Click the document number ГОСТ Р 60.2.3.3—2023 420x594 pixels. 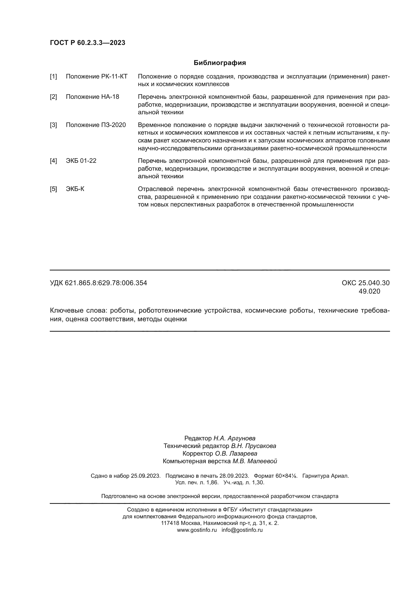point(87,43)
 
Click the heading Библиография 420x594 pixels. point(220,63)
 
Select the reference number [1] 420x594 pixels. point(53,77)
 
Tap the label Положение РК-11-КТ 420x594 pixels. point(96,77)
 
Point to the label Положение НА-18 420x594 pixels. point(92,97)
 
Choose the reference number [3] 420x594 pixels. point(53,125)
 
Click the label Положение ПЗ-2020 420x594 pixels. point(96,125)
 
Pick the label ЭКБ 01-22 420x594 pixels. point(81,161)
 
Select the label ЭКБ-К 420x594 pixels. point(75,189)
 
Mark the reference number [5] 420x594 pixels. point(53,189)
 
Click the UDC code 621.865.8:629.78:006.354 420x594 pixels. point(106,283)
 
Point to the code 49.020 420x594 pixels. point(369,292)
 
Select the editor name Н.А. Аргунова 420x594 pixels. point(234,438)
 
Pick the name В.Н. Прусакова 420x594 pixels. point(253,446)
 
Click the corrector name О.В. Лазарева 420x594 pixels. point(236,454)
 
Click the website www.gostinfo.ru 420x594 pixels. point(197,530)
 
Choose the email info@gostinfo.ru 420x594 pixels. point(242,530)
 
